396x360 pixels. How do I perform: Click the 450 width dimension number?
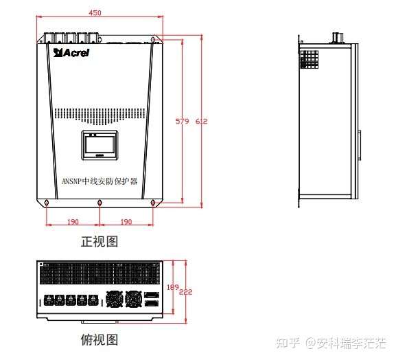(95, 12)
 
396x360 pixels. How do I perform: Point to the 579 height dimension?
(182, 122)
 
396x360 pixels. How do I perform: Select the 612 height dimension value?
(202, 122)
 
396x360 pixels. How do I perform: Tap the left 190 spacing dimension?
(73, 222)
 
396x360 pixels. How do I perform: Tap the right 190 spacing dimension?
(126, 222)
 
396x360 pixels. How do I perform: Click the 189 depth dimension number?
(173, 287)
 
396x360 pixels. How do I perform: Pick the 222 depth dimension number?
(185, 292)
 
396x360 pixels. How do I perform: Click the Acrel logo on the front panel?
(71, 53)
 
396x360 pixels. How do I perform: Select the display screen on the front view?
(100, 145)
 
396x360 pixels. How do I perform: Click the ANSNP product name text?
(100, 181)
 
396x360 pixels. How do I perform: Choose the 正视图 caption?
(100, 241)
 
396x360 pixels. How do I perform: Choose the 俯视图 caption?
(100, 339)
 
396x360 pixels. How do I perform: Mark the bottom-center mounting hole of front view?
(100, 203)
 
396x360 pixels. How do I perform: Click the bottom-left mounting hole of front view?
(47, 203)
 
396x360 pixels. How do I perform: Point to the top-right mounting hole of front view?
(153, 40)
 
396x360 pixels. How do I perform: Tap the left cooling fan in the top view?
(115, 299)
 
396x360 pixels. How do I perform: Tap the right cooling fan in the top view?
(134, 299)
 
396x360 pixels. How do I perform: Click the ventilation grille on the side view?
(309, 59)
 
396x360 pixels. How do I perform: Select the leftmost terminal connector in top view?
(49, 300)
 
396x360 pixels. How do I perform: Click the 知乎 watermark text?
(288, 343)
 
